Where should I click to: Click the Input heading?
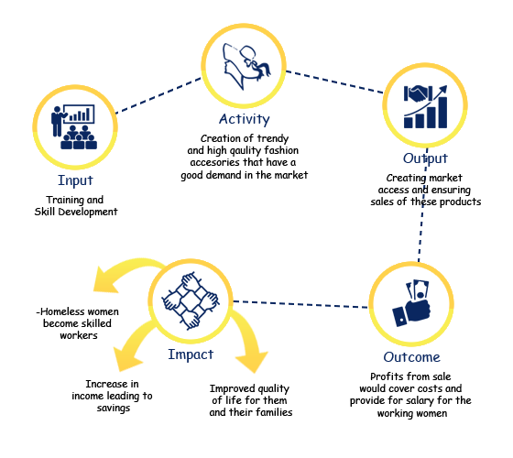pyautogui.click(x=75, y=180)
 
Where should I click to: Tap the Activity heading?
pyautogui.click(x=245, y=119)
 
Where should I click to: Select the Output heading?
pyautogui.click(x=425, y=158)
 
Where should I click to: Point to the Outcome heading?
pyautogui.click(x=411, y=357)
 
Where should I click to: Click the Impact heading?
pyautogui.click(x=191, y=354)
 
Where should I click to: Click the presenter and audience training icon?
pyautogui.click(x=74, y=127)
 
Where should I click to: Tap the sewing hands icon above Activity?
pyautogui.click(x=246, y=66)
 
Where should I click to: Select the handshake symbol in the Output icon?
pyautogui.click(x=419, y=93)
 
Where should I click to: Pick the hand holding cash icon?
pyautogui.click(x=412, y=303)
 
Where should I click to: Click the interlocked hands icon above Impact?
pyautogui.click(x=191, y=300)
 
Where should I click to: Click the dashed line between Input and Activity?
pyautogui.click(x=158, y=95)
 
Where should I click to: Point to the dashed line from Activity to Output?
pyautogui.click(x=334, y=82)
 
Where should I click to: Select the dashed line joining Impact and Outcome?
pyautogui.click(x=300, y=304)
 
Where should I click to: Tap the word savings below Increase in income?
pyautogui.click(x=114, y=409)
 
